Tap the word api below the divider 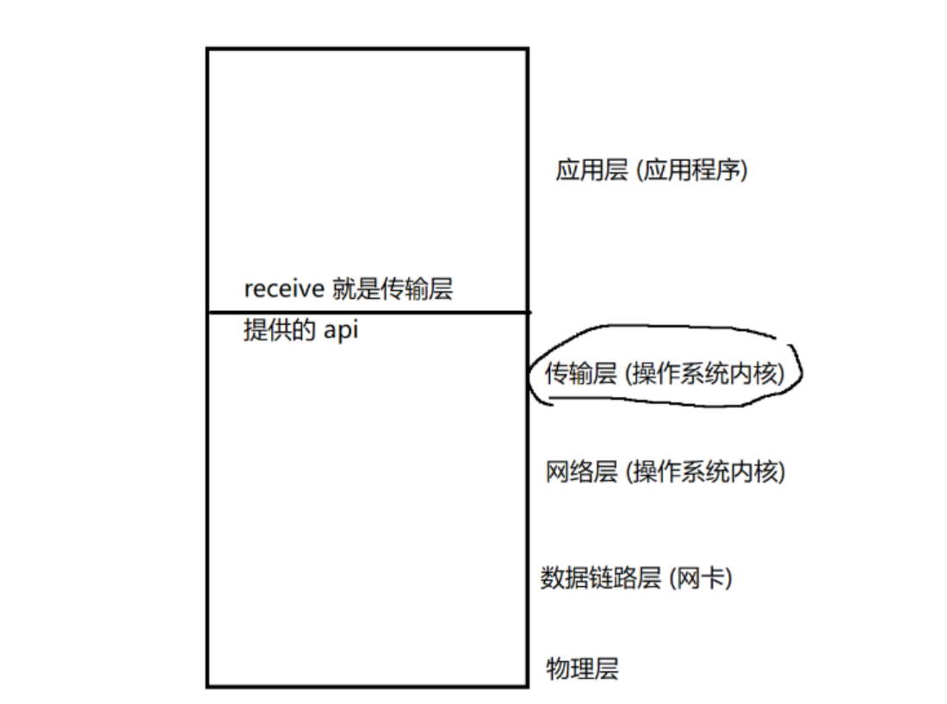click(x=340, y=330)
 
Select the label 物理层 click(x=582, y=668)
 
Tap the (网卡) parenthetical click(x=700, y=578)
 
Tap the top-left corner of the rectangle click(x=207, y=50)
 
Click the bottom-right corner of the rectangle click(x=527, y=686)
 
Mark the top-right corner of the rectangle click(x=527, y=50)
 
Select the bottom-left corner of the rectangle click(x=207, y=686)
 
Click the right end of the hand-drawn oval click(x=802, y=372)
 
